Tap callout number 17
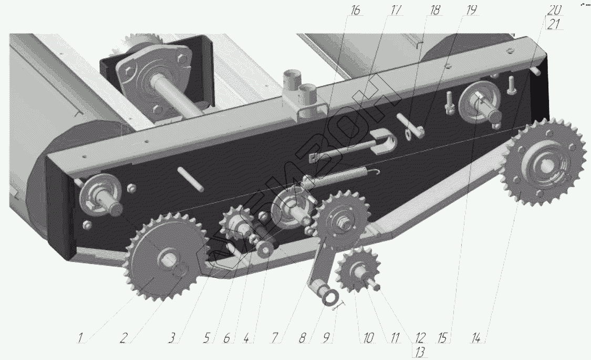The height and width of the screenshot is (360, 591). click(395, 11)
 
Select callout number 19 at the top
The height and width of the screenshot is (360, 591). click(471, 11)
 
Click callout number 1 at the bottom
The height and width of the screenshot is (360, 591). click(82, 338)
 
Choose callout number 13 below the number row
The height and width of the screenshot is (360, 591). click(418, 352)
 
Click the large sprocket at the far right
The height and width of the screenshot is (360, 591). click(545, 164)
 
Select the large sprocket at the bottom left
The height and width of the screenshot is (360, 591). click(163, 257)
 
